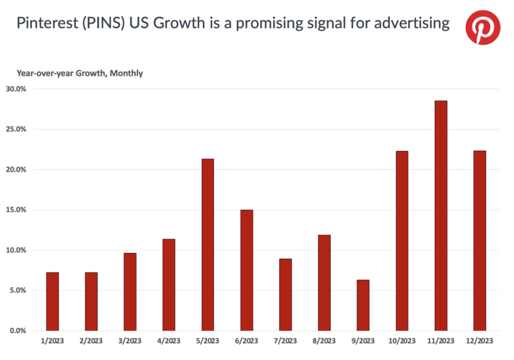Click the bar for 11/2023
441,216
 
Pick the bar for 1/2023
52,301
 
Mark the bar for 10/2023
402,241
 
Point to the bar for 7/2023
285,295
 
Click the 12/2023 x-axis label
479,341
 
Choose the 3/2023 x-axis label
130,341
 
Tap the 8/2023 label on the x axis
324,341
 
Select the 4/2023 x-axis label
169,341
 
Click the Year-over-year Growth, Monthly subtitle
80,73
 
